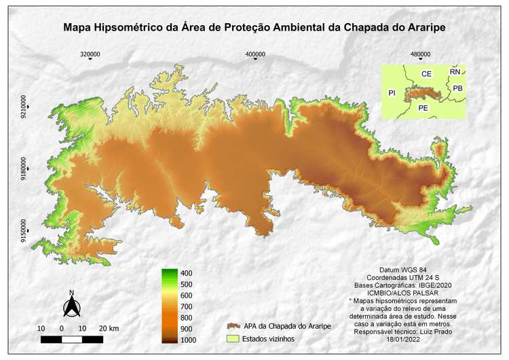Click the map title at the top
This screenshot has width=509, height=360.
pos(254,28)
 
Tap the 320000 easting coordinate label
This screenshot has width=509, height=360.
pos(90,54)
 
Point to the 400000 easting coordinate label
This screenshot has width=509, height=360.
pos(255,54)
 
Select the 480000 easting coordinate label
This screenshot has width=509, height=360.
pos(420,54)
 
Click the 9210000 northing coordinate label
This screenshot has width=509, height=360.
pos(24,107)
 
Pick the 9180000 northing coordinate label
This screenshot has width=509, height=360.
pos(24,170)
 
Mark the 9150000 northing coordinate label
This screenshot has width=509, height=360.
pos(24,232)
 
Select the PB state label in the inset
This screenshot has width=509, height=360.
pos(458,88)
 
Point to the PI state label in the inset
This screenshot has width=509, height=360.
pos(392,92)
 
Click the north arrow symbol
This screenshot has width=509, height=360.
pos(71,305)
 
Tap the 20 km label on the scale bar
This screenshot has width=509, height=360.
pos(109,328)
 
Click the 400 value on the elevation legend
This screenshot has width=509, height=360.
pos(187,273)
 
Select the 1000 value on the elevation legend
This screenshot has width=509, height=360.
pos(189,340)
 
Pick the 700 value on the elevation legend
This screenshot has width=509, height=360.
pos(187,306)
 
